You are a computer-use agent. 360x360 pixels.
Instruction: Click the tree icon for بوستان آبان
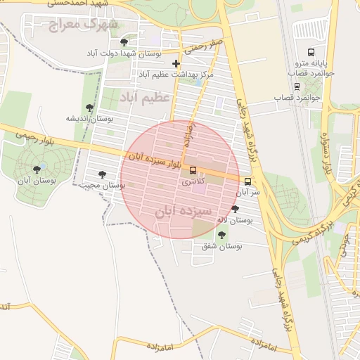click(x=37, y=169)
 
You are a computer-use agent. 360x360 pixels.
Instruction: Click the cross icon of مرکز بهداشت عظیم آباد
click(x=176, y=64)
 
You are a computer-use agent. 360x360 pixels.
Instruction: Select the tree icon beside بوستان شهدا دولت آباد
click(x=124, y=42)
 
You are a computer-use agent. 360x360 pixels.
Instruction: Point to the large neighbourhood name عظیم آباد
click(x=145, y=97)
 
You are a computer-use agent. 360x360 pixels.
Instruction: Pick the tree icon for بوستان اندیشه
click(x=89, y=108)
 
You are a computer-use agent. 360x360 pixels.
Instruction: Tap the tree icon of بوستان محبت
click(x=102, y=174)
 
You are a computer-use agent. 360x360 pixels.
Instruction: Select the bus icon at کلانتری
click(x=193, y=169)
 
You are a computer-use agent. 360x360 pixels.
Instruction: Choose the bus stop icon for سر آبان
click(x=247, y=181)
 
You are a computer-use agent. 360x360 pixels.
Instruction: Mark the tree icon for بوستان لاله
click(x=235, y=209)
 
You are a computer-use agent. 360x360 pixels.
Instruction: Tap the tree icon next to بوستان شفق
click(x=223, y=235)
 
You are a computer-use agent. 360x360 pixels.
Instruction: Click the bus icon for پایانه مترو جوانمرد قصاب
click(x=311, y=52)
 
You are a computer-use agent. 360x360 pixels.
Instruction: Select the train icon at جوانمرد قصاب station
click(x=297, y=86)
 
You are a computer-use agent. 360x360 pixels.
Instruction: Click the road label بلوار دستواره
click(x=326, y=155)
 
